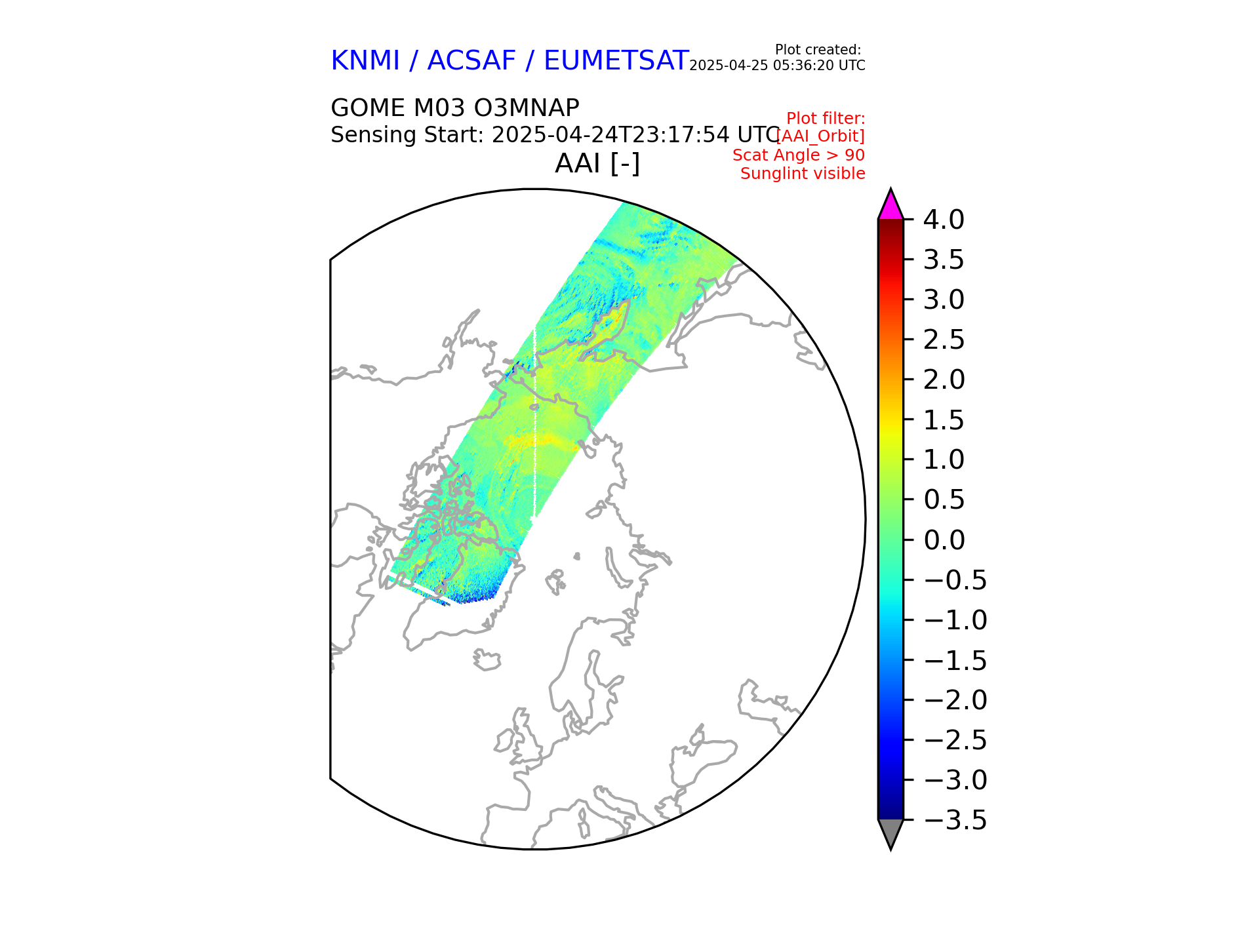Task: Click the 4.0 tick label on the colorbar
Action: [x=944, y=220]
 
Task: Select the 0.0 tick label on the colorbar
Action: [x=944, y=540]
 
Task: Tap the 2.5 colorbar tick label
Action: [x=944, y=340]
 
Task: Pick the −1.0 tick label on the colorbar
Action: [x=955, y=620]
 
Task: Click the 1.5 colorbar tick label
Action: [x=944, y=420]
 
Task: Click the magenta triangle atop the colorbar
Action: [x=890, y=205]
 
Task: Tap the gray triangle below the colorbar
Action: [x=890, y=833]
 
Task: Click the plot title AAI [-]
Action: [x=597, y=163]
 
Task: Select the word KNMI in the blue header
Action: [x=365, y=61]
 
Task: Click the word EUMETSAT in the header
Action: [x=616, y=61]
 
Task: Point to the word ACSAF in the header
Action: [x=471, y=61]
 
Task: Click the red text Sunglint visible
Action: [x=803, y=174]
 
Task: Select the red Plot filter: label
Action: [x=826, y=119]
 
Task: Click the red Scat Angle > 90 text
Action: [x=799, y=155]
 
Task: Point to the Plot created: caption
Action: [x=818, y=50]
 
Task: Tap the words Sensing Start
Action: [x=407, y=135]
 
